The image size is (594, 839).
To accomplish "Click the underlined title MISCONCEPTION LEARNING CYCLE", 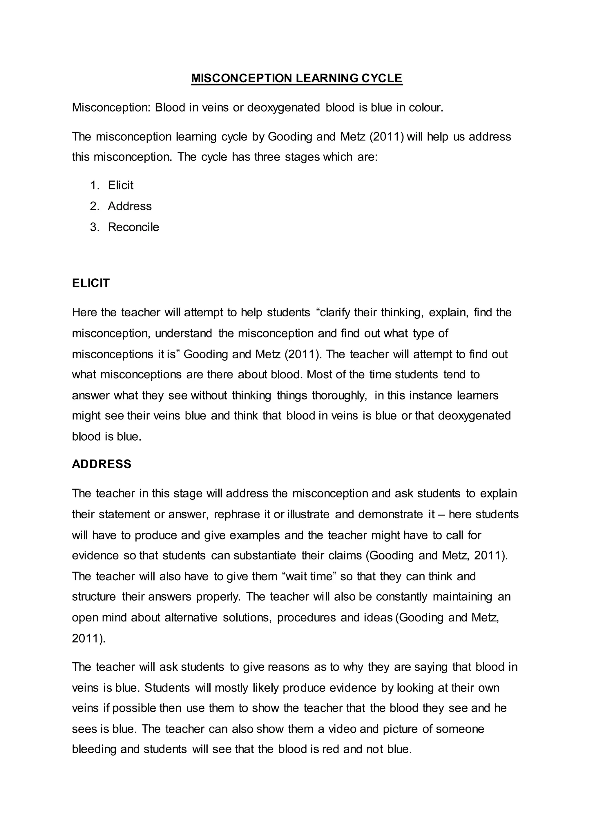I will click(297, 78).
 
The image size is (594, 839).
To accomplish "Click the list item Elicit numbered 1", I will click(120, 185).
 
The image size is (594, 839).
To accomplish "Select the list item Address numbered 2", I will click(129, 206).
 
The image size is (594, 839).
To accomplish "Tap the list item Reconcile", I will click(133, 227).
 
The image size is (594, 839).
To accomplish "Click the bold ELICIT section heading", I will click(91, 283).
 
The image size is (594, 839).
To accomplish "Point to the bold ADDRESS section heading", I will click(102, 464).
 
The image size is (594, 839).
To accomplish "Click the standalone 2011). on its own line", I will click(88, 639).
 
